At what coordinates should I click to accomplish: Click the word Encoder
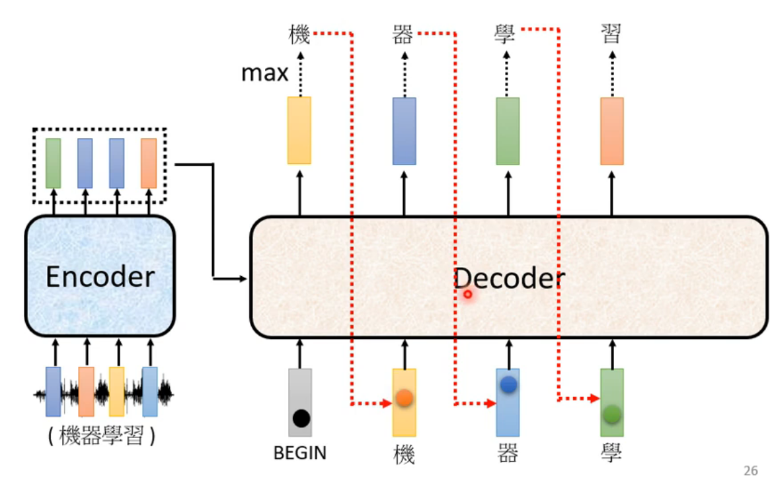pos(100,276)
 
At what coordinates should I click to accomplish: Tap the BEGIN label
pos(300,453)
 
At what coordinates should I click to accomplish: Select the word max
pos(264,73)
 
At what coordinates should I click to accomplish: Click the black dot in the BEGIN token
pos(301,418)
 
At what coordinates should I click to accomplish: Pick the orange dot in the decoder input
pos(404,398)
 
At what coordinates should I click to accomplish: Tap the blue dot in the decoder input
pos(508,385)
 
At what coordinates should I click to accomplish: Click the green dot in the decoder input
pos(612,414)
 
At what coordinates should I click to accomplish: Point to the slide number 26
pos(750,470)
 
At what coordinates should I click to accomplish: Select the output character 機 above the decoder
pos(299,34)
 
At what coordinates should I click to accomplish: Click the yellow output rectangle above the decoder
pos(299,130)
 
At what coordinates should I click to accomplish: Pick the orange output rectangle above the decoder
pos(611,130)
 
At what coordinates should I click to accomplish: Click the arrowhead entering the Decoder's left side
pos(244,278)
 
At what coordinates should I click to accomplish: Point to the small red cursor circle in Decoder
pos(467,294)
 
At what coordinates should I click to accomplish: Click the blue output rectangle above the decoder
pos(404,130)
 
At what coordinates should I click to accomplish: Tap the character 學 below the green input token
pos(611,453)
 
